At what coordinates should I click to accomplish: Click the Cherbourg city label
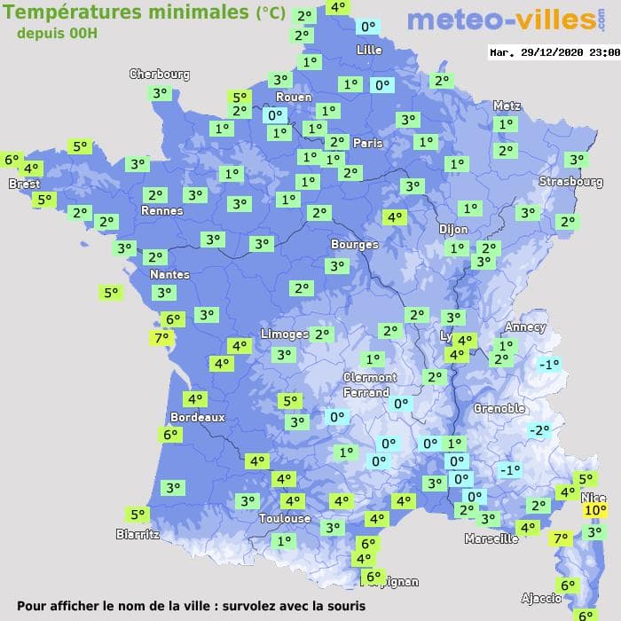(x=160, y=75)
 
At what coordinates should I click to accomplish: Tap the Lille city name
(x=369, y=51)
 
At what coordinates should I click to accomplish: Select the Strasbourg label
(x=570, y=182)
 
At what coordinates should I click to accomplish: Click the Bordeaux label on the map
(x=197, y=417)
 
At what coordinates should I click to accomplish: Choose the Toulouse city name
(x=285, y=518)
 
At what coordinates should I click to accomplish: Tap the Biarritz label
(x=138, y=534)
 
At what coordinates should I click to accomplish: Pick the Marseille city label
(x=491, y=538)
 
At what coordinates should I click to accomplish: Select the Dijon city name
(x=453, y=229)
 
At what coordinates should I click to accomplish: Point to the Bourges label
(x=354, y=244)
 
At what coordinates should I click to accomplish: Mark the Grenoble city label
(x=499, y=409)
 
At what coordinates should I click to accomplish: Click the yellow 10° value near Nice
(x=594, y=510)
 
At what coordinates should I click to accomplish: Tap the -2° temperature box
(x=538, y=430)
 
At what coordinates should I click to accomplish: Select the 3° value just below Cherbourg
(x=160, y=92)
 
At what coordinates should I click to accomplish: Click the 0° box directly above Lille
(x=368, y=28)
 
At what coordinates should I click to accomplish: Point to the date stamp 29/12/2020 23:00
(x=554, y=52)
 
